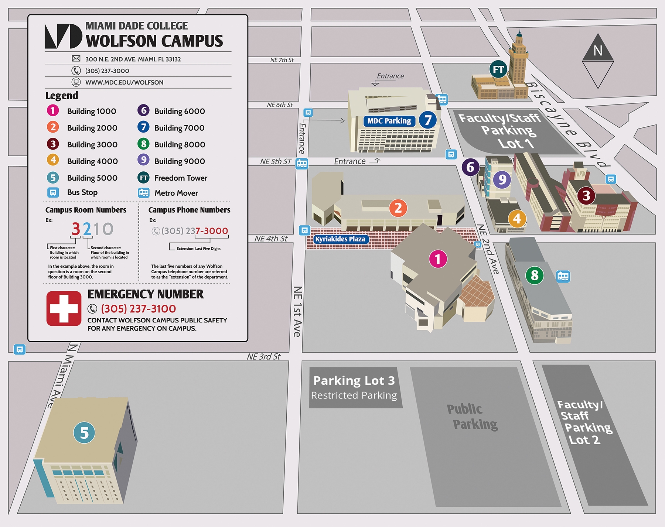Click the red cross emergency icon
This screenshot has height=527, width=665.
pyautogui.click(x=64, y=308)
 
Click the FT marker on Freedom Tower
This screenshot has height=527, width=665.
pyautogui.click(x=498, y=69)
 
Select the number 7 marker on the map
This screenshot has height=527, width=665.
pyautogui.click(x=427, y=120)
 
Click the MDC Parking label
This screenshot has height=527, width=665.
pyautogui.click(x=389, y=121)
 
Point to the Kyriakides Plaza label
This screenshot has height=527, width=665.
pyautogui.click(x=340, y=239)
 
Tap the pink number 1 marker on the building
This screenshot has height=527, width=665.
pyautogui.click(x=438, y=259)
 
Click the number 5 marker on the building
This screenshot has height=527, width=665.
pyautogui.click(x=84, y=433)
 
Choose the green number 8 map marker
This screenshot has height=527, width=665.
pyautogui.click(x=534, y=275)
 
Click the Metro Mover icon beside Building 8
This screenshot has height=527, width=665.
pyautogui.click(x=563, y=276)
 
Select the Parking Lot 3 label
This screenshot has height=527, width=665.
pyautogui.click(x=354, y=381)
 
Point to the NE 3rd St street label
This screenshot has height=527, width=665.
pyautogui.click(x=263, y=357)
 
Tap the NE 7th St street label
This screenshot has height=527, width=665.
pyautogui.click(x=282, y=60)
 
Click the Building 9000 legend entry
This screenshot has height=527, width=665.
pyautogui.click(x=180, y=161)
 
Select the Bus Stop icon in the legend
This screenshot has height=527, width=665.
pyautogui.click(x=53, y=192)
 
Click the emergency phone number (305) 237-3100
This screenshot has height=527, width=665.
pyautogui.click(x=139, y=309)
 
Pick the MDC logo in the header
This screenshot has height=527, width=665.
pyautogui.click(x=63, y=36)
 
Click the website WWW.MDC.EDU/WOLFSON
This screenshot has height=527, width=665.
pyautogui.click(x=124, y=82)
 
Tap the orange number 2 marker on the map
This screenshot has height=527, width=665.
pyautogui.click(x=398, y=208)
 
